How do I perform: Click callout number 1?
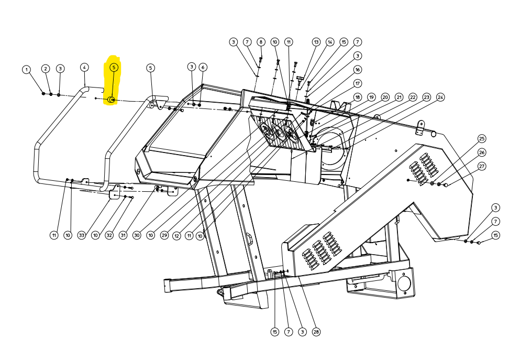(27, 70)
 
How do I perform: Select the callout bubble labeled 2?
(46, 69)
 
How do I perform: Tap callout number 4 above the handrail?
(84, 67)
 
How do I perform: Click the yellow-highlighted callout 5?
(114, 67)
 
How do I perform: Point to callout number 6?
(203, 67)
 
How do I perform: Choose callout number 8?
(261, 42)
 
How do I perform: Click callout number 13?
(316, 42)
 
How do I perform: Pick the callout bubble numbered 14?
(330, 42)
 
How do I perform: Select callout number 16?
(358, 70)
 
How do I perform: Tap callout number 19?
(371, 97)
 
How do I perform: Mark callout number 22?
(413, 97)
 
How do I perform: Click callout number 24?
(440, 97)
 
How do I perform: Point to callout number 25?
(482, 139)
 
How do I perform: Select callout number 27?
(482, 167)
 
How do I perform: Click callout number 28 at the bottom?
(316, 332)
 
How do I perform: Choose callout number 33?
(82, 235)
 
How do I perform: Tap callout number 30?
(137, 235)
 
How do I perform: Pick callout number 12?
(176, 236)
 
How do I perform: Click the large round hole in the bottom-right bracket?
(404, 283)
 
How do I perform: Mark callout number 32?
(109, 235)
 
